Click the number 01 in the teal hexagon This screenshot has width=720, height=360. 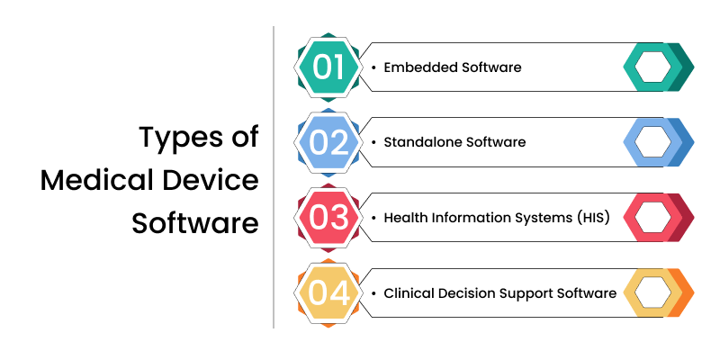[x=327, y=67]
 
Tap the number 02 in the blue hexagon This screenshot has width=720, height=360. [x=327, y=141]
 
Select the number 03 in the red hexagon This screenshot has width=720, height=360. [x=327, y=217]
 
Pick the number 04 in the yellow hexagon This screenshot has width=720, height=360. [x=327, y=292]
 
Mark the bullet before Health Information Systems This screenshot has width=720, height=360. [x=373, y=217]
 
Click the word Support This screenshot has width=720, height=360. [x=523, y=293]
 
